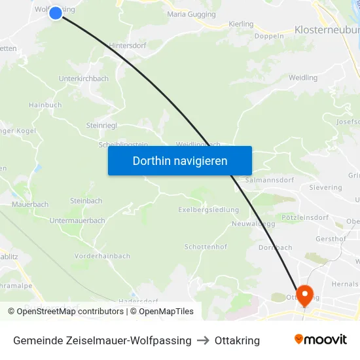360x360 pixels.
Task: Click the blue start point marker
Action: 56,12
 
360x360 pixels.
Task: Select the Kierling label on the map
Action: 241,24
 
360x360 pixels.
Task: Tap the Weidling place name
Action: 303,77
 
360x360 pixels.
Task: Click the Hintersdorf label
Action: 127,45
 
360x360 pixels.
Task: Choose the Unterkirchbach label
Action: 84,79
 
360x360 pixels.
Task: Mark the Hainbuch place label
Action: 45,105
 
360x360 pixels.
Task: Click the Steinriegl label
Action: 101,125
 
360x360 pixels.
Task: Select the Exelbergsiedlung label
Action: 208,210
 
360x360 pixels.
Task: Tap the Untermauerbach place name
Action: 77,221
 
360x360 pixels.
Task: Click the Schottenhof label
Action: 206,247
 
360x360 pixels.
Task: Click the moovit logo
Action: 320,340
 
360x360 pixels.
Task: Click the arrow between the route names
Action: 203,340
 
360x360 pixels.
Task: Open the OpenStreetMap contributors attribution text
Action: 69,312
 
